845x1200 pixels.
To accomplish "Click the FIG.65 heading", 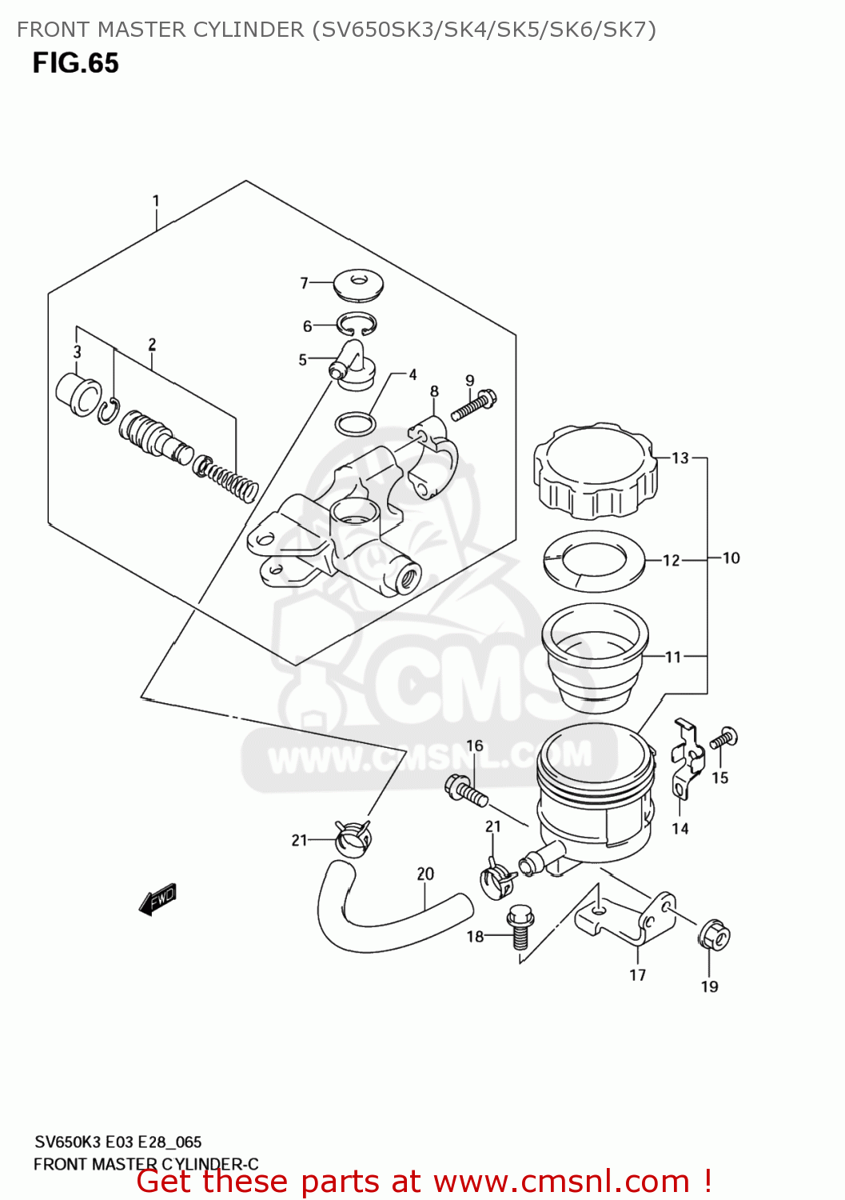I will pyautogui.click(x=75, y=63).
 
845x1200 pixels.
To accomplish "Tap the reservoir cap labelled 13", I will pyautogui.click(x=596, y=471).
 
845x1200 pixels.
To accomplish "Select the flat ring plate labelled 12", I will pyautogui.click(x=594, y=561).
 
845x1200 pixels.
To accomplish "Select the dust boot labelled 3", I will pyautogui.click(x=78, y=393).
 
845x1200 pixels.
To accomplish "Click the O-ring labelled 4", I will pyautogui.click(x=355, y=423).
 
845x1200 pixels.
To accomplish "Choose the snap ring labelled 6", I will pyautogui.click(x=357, y=325).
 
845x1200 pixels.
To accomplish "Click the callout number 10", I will pyautogui.click(x=731, y=558).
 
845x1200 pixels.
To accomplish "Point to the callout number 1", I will pyautogui.click(x=156, y=200).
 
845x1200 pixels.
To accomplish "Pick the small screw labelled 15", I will pyautogui.click(x=723, y=738).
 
